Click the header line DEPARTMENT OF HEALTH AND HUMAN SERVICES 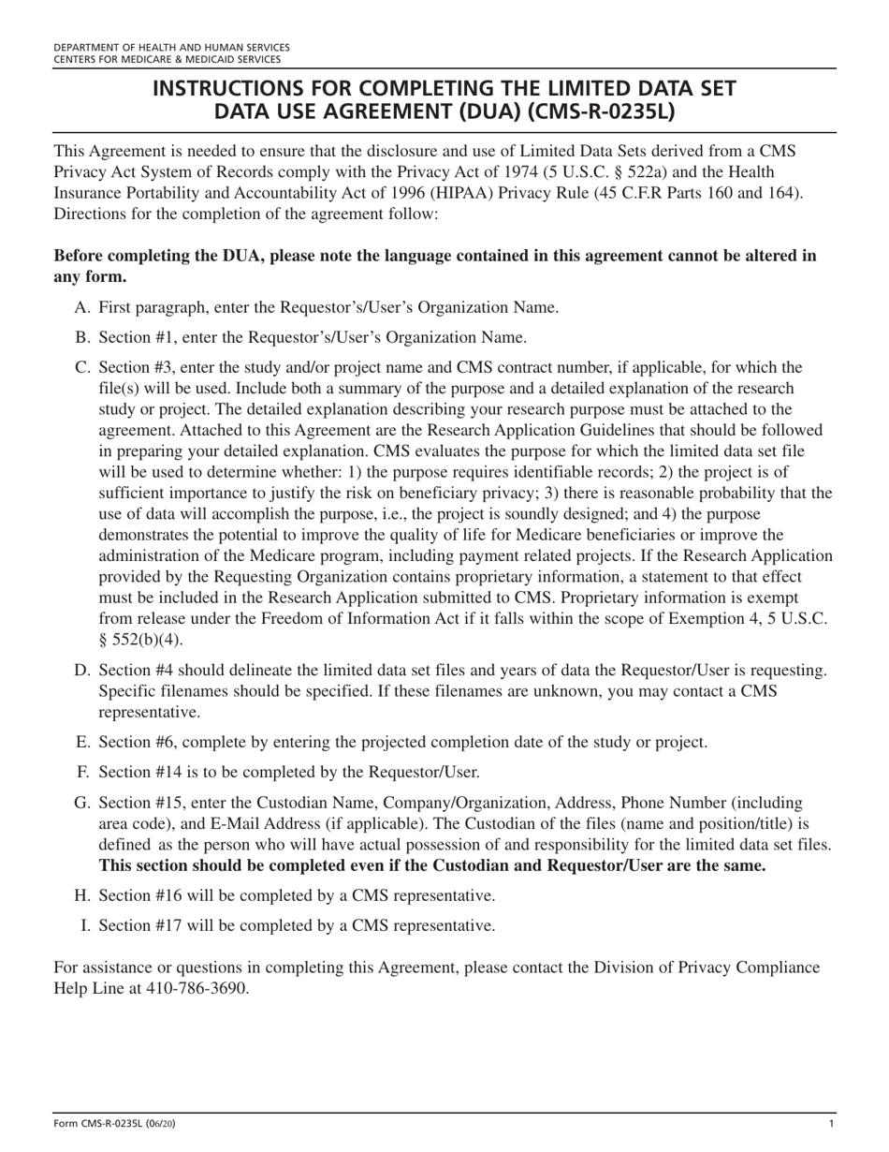coord(171,47)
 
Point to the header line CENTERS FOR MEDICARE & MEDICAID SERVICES coord(167,59)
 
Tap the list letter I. coord(85,925)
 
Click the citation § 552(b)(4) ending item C coord(141,640)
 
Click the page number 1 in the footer coord(831,1124)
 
